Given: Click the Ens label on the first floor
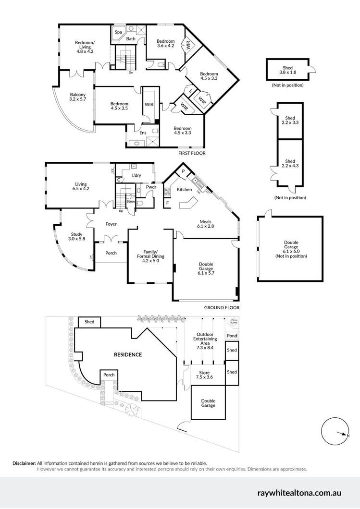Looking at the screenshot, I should [x=143, y=133].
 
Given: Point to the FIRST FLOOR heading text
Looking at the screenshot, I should [x=191, y=153].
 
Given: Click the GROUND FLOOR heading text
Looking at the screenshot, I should [x=222, y=308].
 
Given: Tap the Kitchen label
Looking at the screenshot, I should [x=184, y=190].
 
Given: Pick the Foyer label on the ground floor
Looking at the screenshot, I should [x=112, y=224].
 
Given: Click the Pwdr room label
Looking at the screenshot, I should [x=151, y=187].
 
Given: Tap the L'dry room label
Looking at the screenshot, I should [x=137, y=176].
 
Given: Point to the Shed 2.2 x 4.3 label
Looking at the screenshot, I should [x=290, y=164].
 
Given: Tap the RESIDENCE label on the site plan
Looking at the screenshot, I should [x=127, y=355].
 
